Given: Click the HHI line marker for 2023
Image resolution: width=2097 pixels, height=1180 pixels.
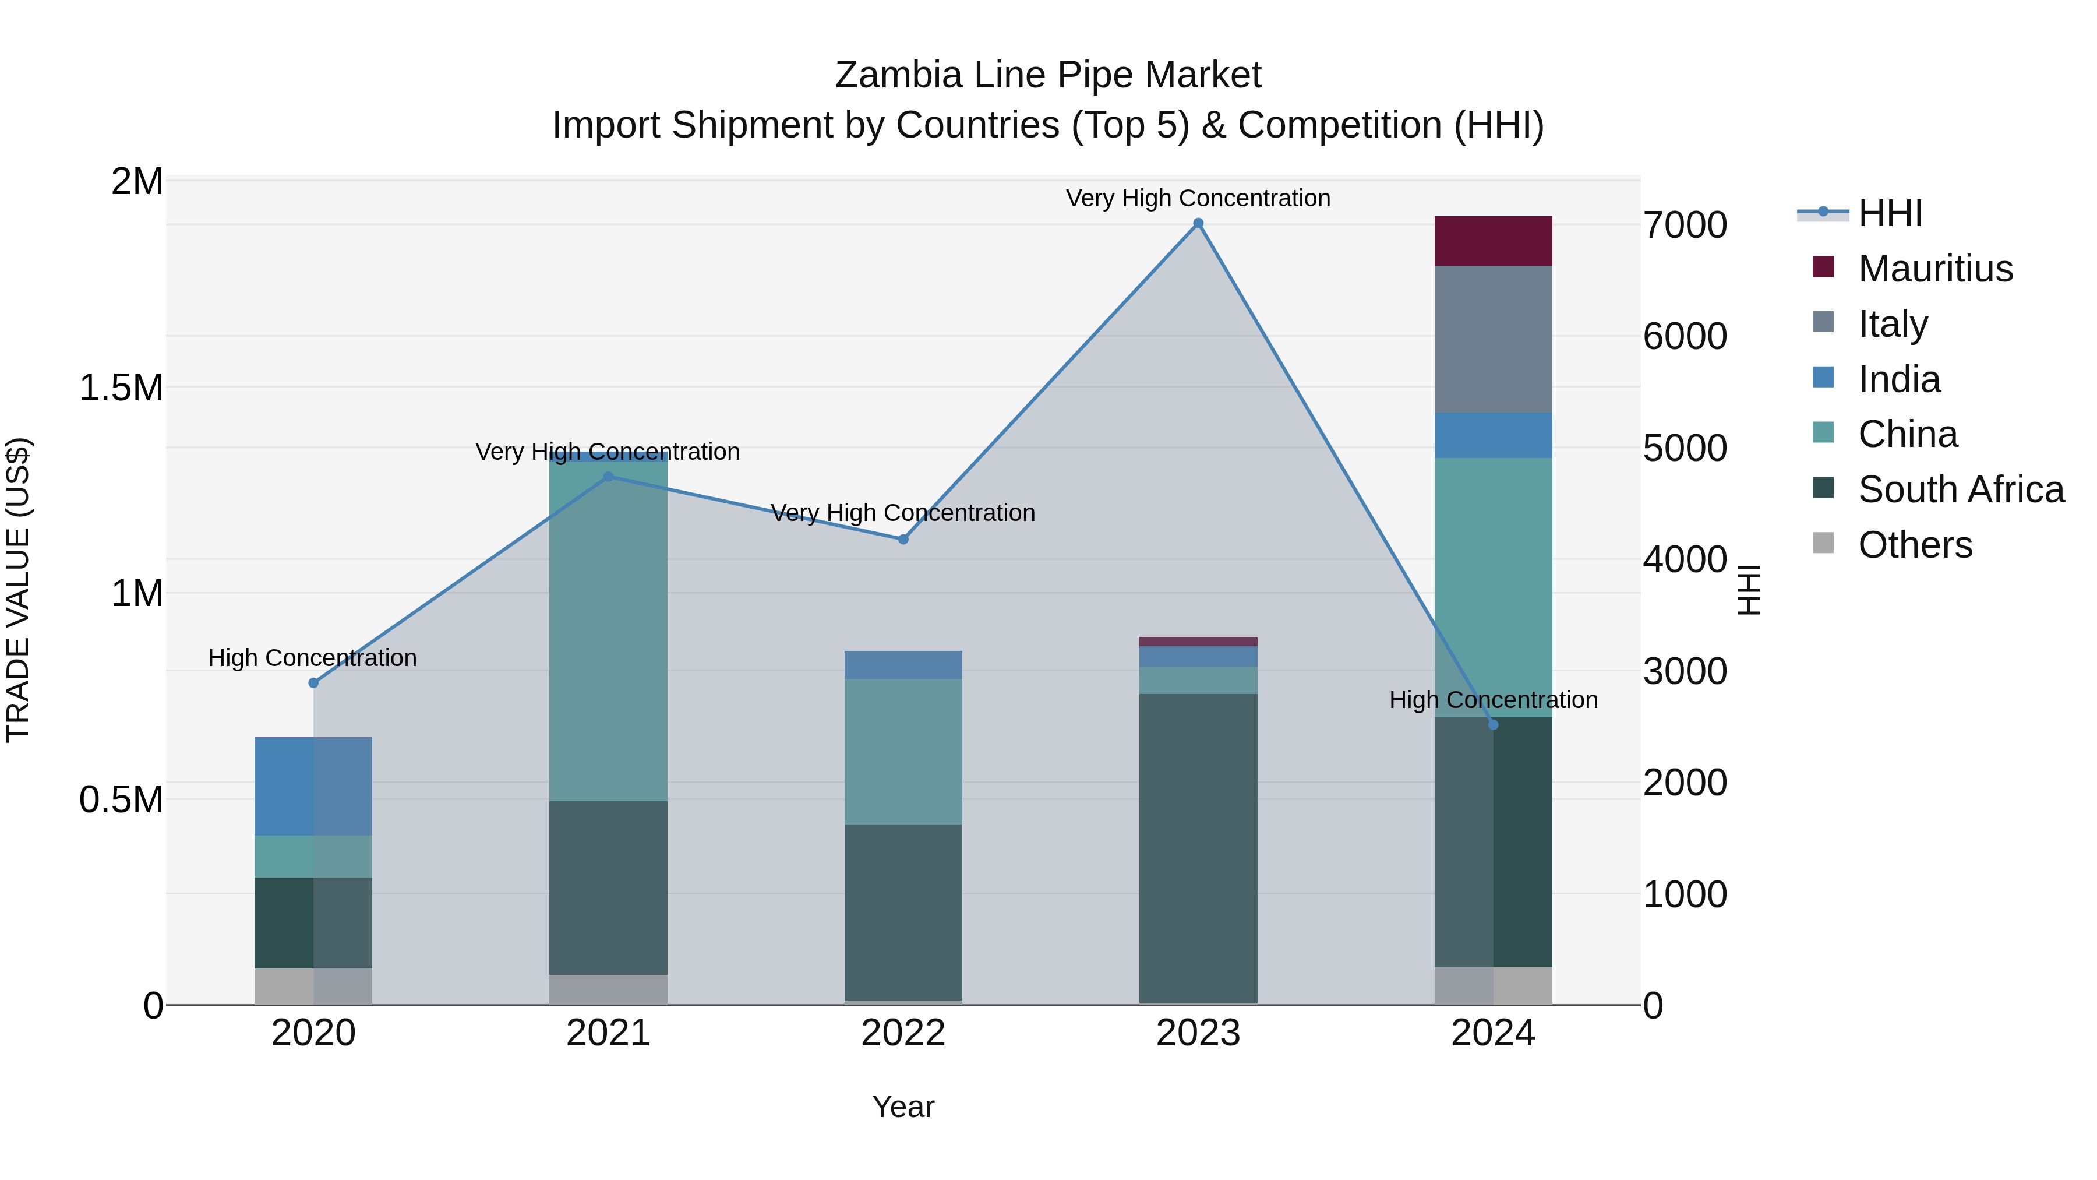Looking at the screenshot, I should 1198,223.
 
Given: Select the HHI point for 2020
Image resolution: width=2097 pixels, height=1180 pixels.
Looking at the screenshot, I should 313,682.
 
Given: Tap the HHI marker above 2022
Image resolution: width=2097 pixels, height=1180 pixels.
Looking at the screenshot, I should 903,539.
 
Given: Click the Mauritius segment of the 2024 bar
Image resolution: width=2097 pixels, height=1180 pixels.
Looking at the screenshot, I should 1493,241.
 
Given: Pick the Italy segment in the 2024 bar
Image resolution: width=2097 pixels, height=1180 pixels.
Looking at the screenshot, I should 1493,339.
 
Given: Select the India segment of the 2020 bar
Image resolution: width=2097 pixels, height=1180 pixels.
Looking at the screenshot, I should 313,786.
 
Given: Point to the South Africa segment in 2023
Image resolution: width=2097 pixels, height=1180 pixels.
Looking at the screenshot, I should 1198,847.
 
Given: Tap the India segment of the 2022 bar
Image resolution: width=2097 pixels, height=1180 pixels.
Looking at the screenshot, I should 903,664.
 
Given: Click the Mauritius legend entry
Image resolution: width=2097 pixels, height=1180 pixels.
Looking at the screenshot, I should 1934,269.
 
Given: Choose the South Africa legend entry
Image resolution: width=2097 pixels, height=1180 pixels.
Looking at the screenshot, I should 1960,489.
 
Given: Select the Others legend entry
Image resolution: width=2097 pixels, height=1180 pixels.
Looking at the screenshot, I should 1915,545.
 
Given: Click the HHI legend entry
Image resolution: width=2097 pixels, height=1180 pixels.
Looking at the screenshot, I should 1890,213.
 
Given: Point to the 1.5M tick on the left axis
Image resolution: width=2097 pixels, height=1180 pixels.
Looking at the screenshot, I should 121,388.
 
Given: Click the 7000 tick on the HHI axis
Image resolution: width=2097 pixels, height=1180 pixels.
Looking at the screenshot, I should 1684,226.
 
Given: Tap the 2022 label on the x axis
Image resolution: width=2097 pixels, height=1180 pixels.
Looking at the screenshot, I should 903,1033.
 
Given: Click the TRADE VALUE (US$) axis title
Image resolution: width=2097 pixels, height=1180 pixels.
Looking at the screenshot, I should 18,590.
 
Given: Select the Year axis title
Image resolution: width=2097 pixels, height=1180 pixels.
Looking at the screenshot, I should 903,1107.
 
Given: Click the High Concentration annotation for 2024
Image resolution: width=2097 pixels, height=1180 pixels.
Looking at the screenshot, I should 1493,699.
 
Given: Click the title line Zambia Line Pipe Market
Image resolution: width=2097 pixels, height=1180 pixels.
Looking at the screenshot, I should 1048,75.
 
